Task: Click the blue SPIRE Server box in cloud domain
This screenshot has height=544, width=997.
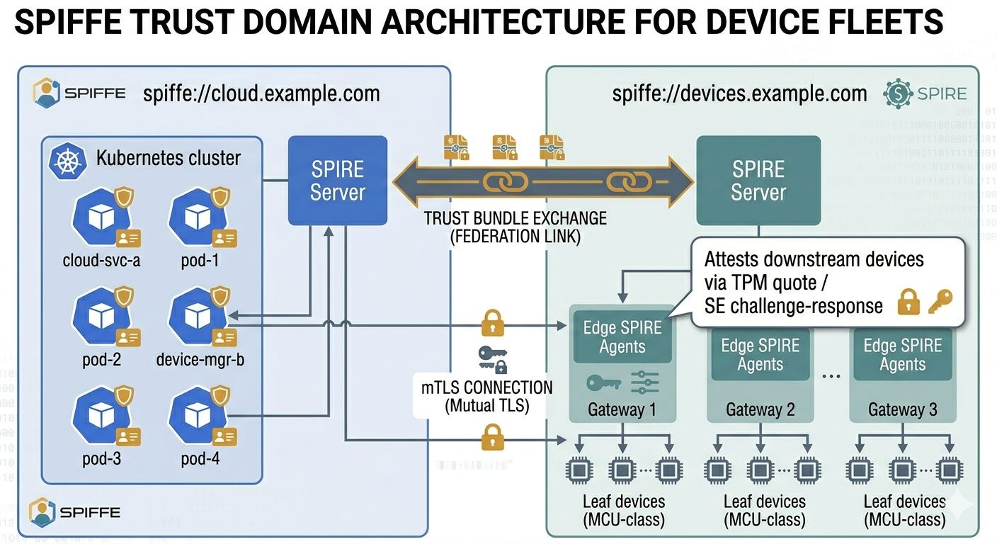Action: tap(337, 181)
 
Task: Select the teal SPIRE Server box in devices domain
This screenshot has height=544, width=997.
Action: tap(758, 181)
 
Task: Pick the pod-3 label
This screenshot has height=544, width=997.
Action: tap(101, 458)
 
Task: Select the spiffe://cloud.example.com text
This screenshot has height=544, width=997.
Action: tap(261, 93)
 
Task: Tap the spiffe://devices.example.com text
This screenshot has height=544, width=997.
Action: tap(739, 93)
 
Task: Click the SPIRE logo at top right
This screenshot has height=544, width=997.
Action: tap(925, 93)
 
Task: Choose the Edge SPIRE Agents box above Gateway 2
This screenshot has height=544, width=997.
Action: tap(760, 355)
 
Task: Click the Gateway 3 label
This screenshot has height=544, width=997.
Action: tap(902, 409)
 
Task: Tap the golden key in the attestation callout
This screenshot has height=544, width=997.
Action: tap(940, 302)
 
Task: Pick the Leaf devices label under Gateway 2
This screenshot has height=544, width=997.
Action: tap(764, 510)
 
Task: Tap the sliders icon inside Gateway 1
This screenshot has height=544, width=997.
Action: tap(645, 383)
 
